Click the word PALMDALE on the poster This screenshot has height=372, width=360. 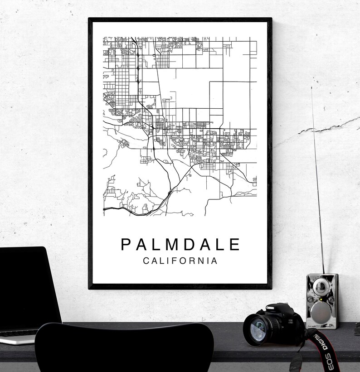180,245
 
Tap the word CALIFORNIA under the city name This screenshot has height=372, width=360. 180,261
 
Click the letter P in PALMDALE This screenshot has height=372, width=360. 125,245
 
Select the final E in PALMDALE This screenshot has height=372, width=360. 234,245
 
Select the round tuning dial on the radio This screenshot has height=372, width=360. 321,286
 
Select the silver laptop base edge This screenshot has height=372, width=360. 18,338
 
